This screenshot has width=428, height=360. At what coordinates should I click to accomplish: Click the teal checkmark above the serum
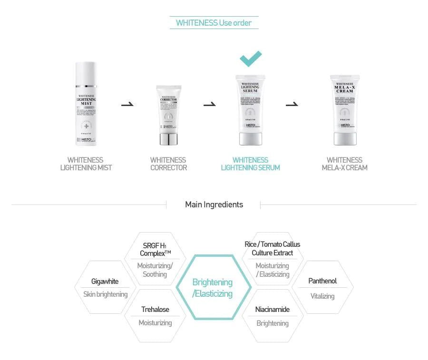pos(251,58)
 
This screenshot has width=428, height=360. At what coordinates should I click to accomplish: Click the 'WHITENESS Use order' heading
pos(214,23)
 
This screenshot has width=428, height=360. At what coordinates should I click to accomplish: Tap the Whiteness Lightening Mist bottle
pos(86,103)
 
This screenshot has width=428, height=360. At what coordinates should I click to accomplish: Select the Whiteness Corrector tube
pos(168,114)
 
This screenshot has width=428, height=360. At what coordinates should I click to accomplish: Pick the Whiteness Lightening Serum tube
pos(250,109)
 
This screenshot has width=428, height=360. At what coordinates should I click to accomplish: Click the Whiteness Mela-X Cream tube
pos(345,109)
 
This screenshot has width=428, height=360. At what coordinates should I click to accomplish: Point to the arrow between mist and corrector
pos(127,104)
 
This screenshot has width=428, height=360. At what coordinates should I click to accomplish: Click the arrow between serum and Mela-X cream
pos(292,104)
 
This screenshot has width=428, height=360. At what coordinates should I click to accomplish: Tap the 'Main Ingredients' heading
pos(214,204)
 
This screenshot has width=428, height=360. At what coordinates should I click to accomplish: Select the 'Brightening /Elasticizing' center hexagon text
pos(213,288)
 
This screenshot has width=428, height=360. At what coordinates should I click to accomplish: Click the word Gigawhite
pos(105,282)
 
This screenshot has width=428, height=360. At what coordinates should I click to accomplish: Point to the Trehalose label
pos(155,310)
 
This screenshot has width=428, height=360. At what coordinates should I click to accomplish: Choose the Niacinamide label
pos(272,310)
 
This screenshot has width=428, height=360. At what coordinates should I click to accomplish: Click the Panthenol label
pos(322,281)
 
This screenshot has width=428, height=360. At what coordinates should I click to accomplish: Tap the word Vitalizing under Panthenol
pos(322,296)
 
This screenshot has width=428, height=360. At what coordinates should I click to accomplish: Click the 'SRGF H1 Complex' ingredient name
pos(155,250)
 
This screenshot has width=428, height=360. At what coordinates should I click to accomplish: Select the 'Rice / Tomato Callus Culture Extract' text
pos(272,248)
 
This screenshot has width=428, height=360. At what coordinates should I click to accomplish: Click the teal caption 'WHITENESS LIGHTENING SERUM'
pos(250,164)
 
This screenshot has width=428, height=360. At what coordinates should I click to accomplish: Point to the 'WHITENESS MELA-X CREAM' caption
pos(344,164)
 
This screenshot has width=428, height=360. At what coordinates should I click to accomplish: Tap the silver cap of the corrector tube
pos(168,138)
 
